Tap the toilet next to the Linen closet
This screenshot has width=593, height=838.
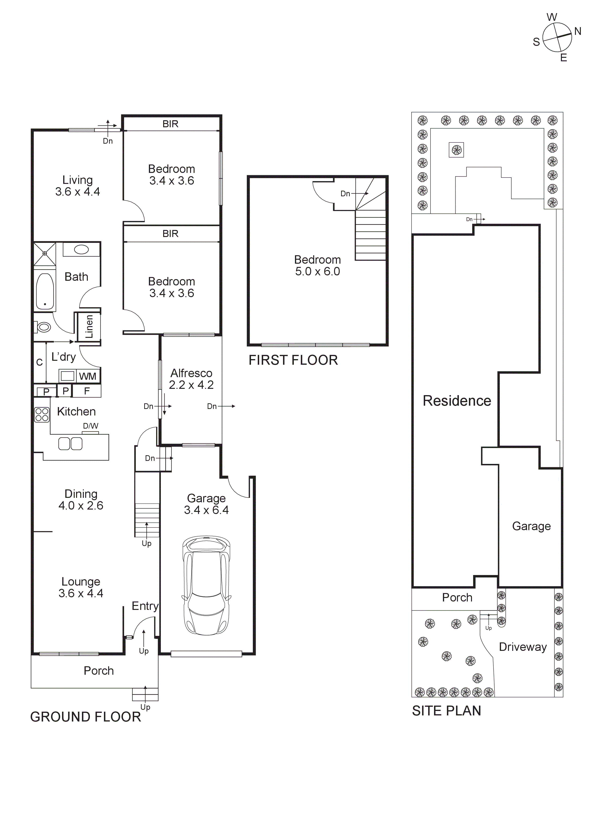click(x=44, y=327)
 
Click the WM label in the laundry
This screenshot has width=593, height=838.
click(x=88, y=376)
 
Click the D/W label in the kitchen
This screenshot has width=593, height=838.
click(x=91, y=426)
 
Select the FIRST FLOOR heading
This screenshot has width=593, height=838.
click(x=293, y=360)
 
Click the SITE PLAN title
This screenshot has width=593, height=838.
click(x=446, y=711)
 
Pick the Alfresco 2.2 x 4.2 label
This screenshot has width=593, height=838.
click(x=191, y=379)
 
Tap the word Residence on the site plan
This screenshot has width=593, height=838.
click(x=457, y=401)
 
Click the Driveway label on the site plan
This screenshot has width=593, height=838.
click(x=523, y=647)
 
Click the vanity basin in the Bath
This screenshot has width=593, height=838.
click(x=81, y=250)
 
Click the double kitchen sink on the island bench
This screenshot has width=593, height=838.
click(x=70, y=444)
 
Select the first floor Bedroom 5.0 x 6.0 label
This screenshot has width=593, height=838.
click(x=317, y=265)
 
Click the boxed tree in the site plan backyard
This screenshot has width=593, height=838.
click(x=456, y=150)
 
